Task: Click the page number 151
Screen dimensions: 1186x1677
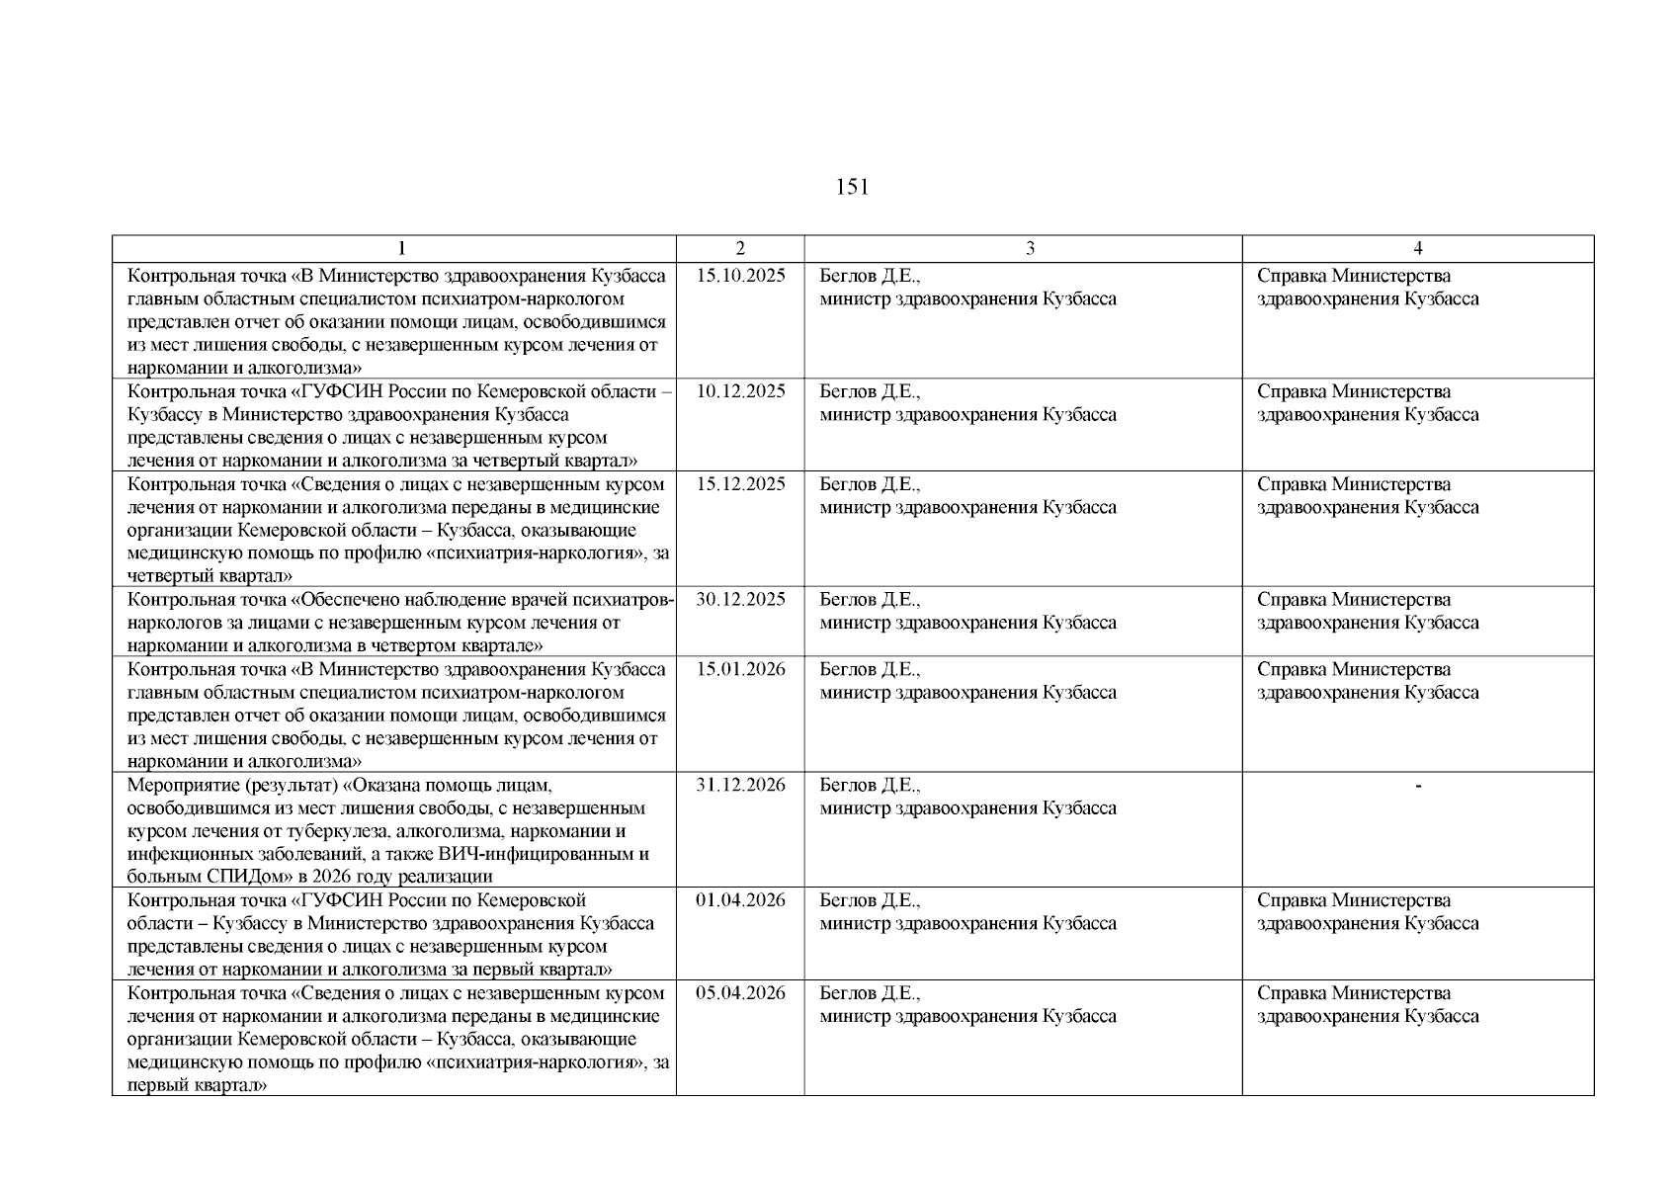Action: coord(852,187)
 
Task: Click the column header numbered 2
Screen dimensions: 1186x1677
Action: coord(740,249)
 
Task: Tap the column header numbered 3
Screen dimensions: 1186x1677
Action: coord(1030,249)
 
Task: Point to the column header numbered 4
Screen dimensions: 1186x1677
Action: coord(1418,249)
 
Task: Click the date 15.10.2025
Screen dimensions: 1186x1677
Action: coord(740,276)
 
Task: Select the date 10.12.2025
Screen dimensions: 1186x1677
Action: coord(740,391)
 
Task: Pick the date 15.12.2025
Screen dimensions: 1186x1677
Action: coord(740,484)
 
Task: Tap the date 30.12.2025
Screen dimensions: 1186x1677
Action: coord(740,600)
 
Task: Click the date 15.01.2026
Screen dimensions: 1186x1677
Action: coord(740,669)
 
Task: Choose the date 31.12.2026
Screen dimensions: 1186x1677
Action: coord(740,785)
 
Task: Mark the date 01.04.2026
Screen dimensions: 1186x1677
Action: coord(740,900)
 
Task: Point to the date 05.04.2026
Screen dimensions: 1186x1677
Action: coord(740,993)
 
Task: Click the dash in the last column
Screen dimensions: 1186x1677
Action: coord(1418,786)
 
